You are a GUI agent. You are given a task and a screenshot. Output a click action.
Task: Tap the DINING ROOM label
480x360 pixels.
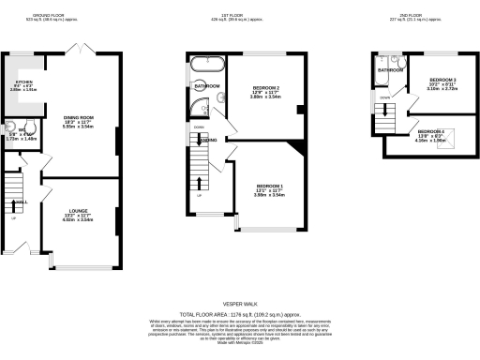[x=78, y=117]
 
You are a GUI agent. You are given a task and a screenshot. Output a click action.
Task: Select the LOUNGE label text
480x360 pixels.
[x=78, y=212]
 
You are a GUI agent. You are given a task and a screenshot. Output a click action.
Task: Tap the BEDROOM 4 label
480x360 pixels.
[x=431, y=131]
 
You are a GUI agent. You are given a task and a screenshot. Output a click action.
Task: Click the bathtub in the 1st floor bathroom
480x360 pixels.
[x=205, y=66]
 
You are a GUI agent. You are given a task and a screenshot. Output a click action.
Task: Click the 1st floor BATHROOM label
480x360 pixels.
[x=205, y=86]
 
